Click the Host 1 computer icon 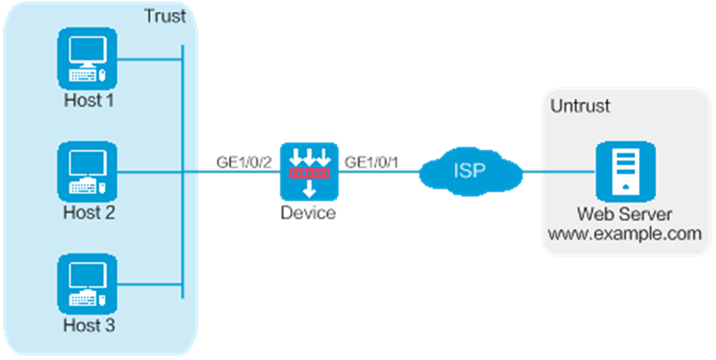pos(87,58)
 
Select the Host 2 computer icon pos(87,172)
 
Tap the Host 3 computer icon pos(87,285)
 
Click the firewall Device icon pos(309,172)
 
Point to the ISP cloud pos(470,171)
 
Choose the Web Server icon pos(625,172)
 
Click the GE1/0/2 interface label pos(244,163)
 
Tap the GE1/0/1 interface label pos(372,163)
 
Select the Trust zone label pos(165,16)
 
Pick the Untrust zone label pos(580,106)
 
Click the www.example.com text pos(624,234)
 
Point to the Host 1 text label pos(89,100)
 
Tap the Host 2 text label pos(89,213)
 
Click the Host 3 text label pos(89,326)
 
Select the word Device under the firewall pos(308,213)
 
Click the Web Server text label pos(625,214)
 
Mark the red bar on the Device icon pos(309,173)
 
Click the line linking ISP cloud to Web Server pos(559,172)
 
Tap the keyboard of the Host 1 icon pos(83,75)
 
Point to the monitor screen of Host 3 pos(87,276)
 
